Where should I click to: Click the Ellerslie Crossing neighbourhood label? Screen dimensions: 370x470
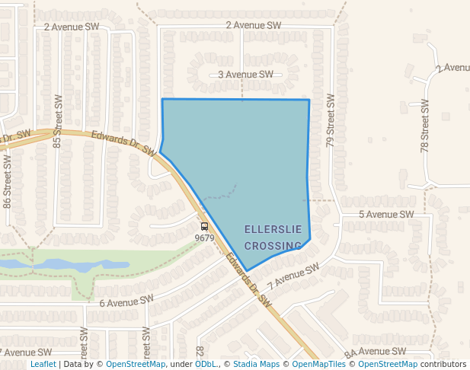(273, 238)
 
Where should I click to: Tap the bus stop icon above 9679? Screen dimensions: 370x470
(204, 226)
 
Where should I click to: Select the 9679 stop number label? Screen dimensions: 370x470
(204, 238)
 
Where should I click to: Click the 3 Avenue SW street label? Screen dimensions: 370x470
(245, 75)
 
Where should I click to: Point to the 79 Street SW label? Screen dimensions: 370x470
(331, 120)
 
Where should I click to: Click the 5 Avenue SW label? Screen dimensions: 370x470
(385, 215)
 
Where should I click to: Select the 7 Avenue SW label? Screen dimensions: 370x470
(293, 278)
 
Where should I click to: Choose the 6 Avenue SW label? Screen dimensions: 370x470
(126, 301)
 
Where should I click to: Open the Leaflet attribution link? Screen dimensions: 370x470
(43, 364)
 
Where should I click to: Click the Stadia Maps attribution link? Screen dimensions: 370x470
(256, 364)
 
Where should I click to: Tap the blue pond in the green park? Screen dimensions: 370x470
(72, 265)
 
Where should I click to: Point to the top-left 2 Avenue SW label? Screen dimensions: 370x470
(72, 26)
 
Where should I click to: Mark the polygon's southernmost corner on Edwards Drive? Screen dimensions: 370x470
(247, 271)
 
